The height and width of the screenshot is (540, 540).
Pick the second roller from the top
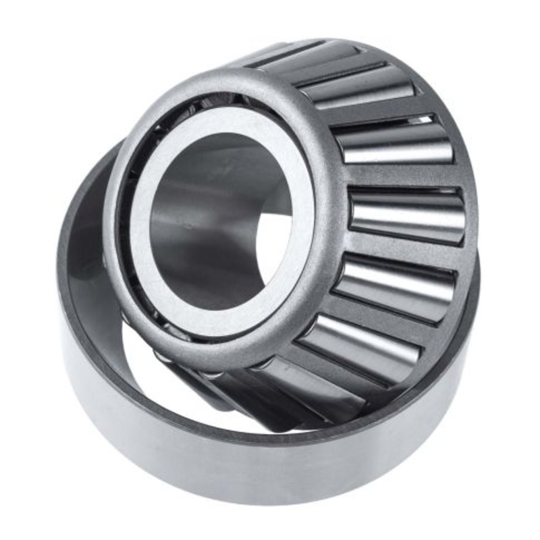point(358,88)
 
